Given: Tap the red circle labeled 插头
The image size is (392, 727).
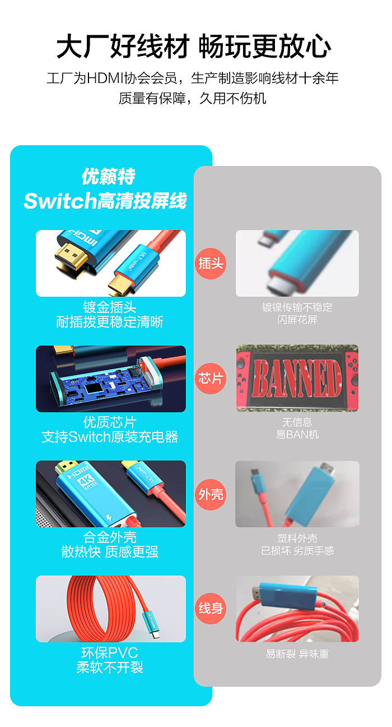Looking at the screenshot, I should tap(211, 263).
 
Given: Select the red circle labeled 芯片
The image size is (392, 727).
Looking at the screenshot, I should tap(211, 379).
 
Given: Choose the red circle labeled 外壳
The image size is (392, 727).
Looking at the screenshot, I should tap(211, 494).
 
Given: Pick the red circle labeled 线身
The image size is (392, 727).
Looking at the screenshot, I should tap(211, 608).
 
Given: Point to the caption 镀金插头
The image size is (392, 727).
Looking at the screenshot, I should tap(110, 307).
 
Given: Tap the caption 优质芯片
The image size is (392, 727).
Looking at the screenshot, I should tap(110, 422).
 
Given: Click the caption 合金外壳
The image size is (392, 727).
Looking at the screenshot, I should tap(110, 537).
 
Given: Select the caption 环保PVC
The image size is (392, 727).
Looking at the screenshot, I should tap(110, 653).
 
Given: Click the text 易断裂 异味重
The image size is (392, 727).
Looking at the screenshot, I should tap(297, 654).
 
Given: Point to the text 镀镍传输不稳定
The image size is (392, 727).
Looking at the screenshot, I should tap(297, 307).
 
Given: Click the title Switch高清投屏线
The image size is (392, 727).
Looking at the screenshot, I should tap(105, 201).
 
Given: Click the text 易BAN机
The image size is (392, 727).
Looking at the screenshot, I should tap(297, 435).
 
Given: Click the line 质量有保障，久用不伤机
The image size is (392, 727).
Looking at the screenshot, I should tap(193, 99).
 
